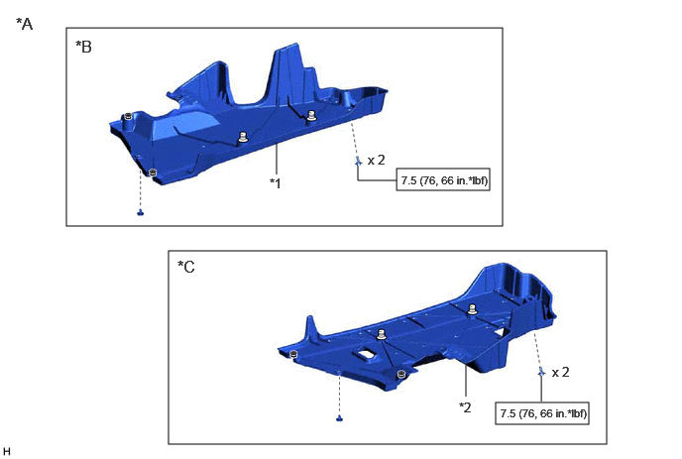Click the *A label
25,24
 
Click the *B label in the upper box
83,47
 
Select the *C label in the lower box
186,267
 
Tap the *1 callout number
276,183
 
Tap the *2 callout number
465,407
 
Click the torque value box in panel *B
443,179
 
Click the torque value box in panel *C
542,412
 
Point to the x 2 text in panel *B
377,161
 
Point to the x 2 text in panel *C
560,373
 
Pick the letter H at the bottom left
7,451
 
